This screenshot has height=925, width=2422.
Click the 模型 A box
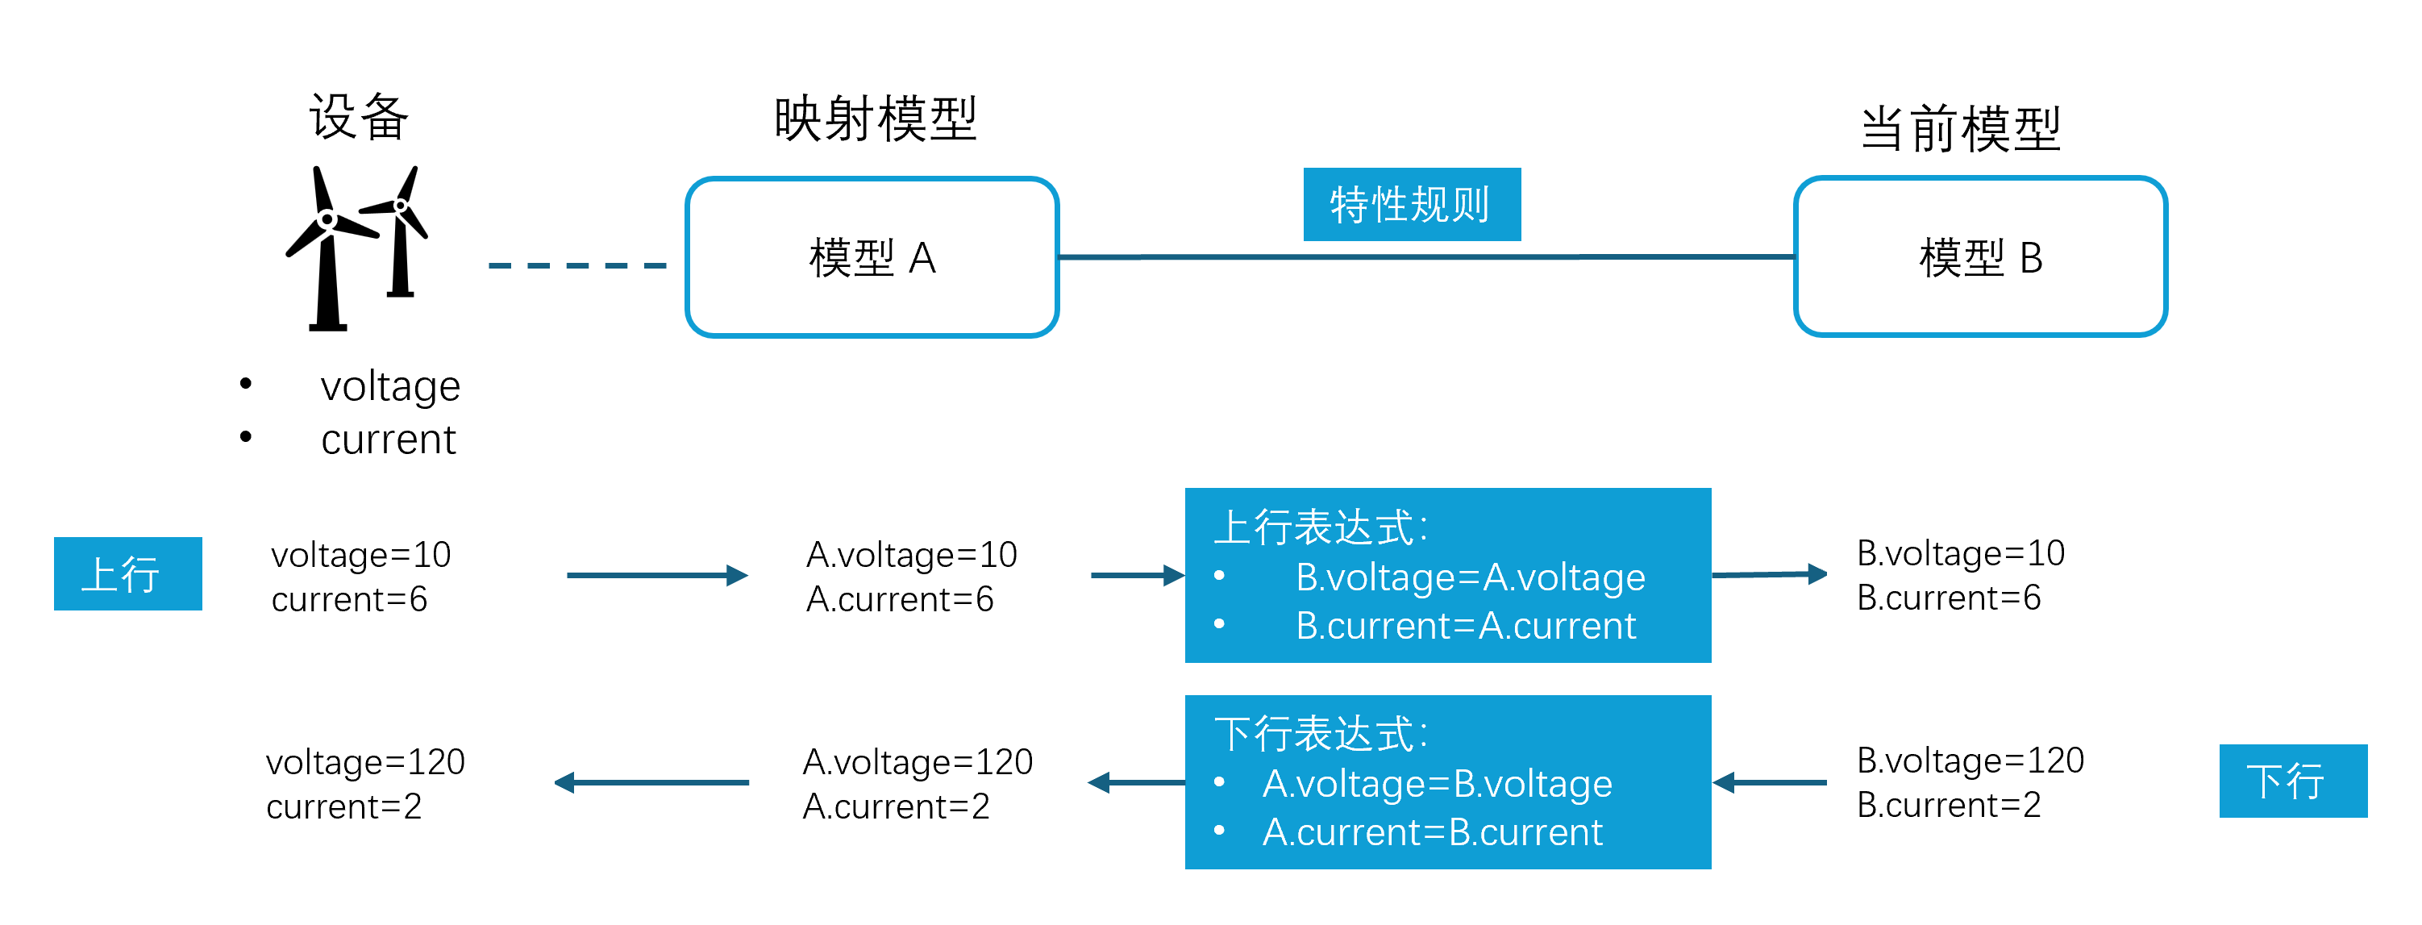(x=872, y=256)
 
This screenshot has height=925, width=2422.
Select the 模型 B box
(x=1980, y=256)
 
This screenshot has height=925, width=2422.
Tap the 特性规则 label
(x=1410, y=204)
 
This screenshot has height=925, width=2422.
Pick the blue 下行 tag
(x=2292, y=780)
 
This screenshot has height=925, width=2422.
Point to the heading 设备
(x=358, y=118)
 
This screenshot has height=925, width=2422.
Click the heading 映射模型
(x=876, y=119)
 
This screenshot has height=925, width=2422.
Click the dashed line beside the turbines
(x=576, y=266)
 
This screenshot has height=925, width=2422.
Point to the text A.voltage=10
(x=911, y=555)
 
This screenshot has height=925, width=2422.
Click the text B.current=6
(x=1948, y=598)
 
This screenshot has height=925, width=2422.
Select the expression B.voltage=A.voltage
(x=1470, y=577)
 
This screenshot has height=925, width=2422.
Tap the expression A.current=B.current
(x=1432, y=832)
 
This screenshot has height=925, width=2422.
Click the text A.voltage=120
(x=917, y=761)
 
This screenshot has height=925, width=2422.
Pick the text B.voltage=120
(x=1970, y=760)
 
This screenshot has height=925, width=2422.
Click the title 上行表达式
(x=1320, y=527)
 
